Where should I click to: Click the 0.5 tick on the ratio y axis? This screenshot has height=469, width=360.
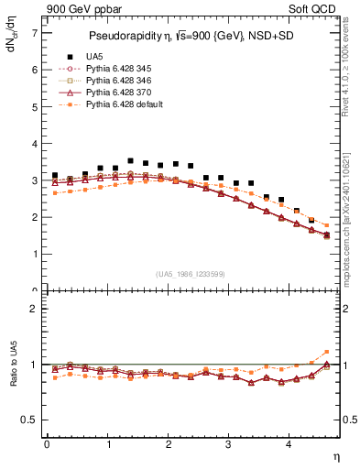point(30,420)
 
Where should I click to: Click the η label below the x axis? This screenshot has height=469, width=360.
point(334,457)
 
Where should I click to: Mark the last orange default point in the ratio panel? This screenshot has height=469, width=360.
point(327,352)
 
